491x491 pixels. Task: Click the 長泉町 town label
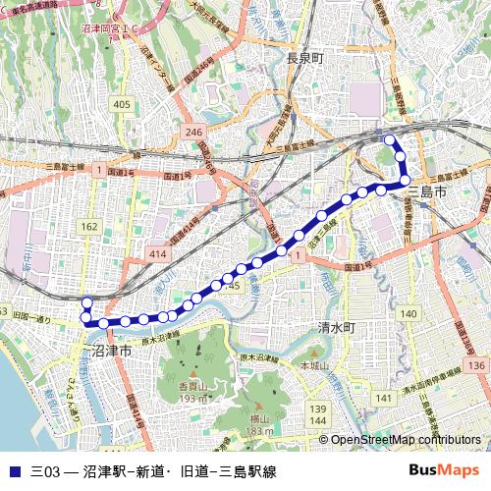click(304, 59)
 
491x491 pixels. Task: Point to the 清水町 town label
click(335, 326)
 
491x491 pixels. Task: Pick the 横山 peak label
click(259, 417)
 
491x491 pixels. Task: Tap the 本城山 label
click(313, 365)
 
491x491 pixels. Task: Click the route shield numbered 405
click(122, 104)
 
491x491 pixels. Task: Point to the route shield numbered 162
click(89, 227)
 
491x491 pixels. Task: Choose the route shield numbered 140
click(409, 313)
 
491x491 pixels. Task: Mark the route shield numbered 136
click(477, 365)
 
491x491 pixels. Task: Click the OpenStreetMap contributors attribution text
click(405, 440)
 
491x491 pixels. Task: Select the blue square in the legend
click(13, 470)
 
